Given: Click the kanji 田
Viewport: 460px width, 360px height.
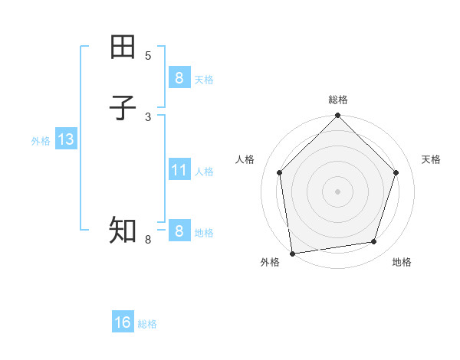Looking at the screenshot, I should [123, 47].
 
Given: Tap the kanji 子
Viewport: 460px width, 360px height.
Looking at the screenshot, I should [123, 108].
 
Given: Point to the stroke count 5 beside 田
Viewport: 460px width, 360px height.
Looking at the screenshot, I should [148, 56].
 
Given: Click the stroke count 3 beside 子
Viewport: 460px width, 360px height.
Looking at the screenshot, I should [148, 116].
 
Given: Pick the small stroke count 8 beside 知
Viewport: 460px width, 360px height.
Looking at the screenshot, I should [148, 240].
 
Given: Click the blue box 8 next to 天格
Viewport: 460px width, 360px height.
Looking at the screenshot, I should [179, 77].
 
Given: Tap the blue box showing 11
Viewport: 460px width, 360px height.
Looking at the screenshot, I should [179, 169].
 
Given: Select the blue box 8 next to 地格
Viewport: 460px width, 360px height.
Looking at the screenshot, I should [179, 231].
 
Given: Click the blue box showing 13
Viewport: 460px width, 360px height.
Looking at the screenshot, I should [65, 139].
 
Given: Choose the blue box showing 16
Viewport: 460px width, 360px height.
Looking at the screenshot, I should [123, 322].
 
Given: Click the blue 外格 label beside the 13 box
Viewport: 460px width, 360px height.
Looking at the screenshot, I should [41, 141].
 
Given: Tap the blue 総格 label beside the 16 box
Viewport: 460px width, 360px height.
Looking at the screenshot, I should [147, 324].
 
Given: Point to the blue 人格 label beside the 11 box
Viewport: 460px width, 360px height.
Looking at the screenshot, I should [205, 172].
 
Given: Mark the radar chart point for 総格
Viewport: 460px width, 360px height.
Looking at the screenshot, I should [337, 116].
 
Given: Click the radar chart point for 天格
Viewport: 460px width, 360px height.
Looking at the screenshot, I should [396, 172].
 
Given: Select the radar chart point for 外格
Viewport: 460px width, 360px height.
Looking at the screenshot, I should [292, 253].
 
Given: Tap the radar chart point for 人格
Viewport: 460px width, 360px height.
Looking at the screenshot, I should [279, 172].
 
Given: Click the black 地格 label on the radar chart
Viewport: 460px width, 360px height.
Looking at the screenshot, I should [402, 263].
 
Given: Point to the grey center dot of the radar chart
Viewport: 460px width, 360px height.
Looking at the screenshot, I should [337, 191].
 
